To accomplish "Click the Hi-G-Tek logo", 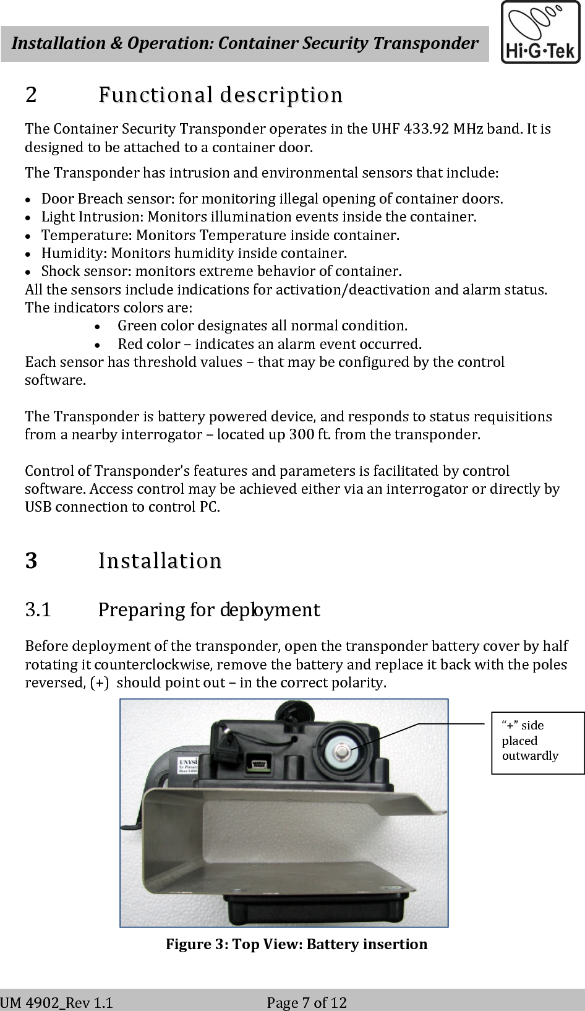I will coord(540,32).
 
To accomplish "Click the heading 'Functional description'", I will coord(220,95).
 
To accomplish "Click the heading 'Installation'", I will coord(160,561).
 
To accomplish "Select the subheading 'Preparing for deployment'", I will coord(208,610).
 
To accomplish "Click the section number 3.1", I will coord(38,610).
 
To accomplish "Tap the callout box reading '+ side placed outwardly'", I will coord(537,742).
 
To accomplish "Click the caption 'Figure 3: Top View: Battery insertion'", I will coord(296,944).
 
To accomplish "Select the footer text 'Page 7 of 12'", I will coord(307,1002).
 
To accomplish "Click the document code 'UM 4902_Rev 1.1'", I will coord(57,1002).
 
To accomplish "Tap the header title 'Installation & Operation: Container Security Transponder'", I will coord(245,43).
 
